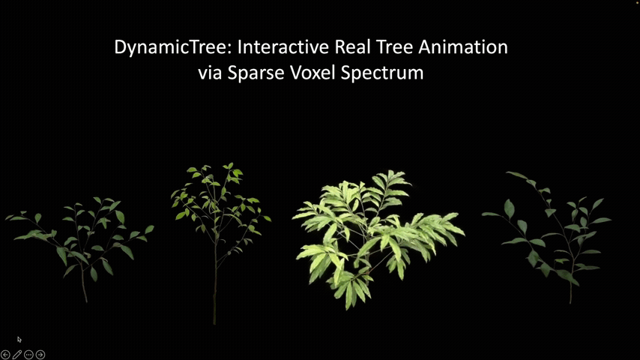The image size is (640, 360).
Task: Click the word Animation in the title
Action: point(463,46)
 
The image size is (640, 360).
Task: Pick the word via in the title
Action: point(211,73)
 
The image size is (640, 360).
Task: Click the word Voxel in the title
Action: point(313,73)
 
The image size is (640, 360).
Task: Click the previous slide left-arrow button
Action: point(5,355)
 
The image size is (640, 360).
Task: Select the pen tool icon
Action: point(17,355)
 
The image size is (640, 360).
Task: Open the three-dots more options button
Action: point(28,355)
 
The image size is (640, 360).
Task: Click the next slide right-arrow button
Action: point(40,355)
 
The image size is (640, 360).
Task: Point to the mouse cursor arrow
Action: point(19,339)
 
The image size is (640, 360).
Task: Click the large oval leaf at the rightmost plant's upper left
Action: point(509,208)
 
